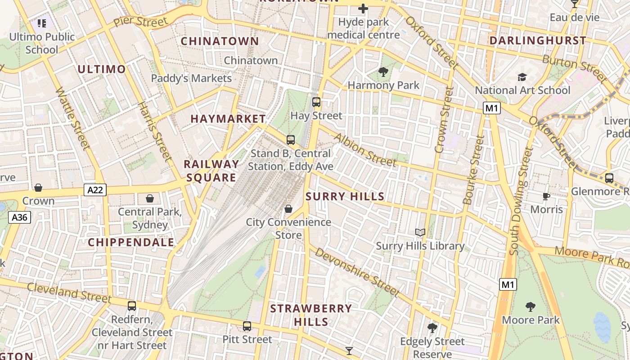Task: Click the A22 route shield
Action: pyautogui.click(x=95, y=190)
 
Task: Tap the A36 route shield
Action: pyautogui.click(x=19, y=218)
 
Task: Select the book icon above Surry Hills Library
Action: pyautogui.click(x=420, y=232)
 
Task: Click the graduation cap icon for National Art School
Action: pyautogui.click(x=522, y=77)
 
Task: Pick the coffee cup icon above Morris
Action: pyautogui.click(x=546, y=196)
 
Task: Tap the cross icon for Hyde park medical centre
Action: pyautogui.click(x=363, y=9)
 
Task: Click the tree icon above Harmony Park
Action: pyautogui.click(x=383, y=72)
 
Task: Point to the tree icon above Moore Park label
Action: pyautogui.click(x=531, y=307)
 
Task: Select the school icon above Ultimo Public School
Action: pyautogui.click(x=42, y=23)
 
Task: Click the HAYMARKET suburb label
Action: pyautogui.click(x=228, y=119)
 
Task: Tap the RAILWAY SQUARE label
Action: pyautogui.click(x=211, y=171)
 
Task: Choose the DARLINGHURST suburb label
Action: pyautogui.click(x=538, y=40)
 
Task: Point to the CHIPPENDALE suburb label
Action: pyautogui.click(x=131, y=242)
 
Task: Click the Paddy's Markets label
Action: pyautogui.click(x=191, y=78)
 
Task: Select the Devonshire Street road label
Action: pyautogui.click(x=357, y=272)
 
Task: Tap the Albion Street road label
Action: pyautogui.click(x=365, y=150)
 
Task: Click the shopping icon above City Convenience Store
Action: pyautogui.click(x=288, y=209)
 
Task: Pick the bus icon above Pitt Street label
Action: pyautogui.click(x=247, y=326)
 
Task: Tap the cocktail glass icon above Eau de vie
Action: pyautogui.click(x=574, y=4)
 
